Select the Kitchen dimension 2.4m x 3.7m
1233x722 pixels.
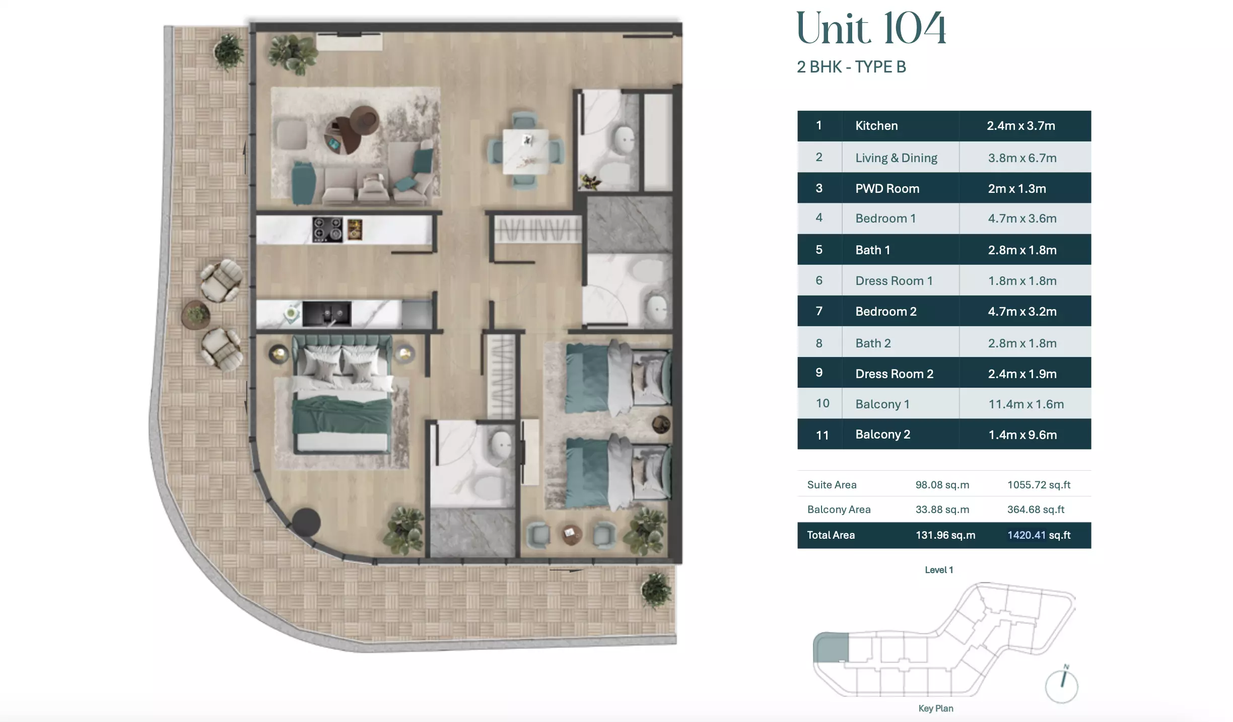point(1020,126)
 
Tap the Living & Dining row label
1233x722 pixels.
point(896,158)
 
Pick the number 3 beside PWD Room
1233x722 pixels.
point(819,188)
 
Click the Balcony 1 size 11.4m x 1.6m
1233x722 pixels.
point(1026,404)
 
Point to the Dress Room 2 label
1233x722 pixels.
point(894,374)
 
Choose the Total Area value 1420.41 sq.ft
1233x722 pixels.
point(1039,535)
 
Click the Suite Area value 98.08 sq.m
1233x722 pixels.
point(942,485)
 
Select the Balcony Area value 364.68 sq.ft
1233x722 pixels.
point(1036,510)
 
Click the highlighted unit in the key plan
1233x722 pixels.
point(831,647)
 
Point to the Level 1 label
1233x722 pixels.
point(939,570)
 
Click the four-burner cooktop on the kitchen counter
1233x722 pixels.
point(327,229)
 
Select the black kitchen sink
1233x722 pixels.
point(326,314)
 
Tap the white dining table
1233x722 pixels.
point(526,151)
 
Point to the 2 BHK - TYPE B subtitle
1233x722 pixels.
point(851,67)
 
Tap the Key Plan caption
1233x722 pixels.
point(935,708)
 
